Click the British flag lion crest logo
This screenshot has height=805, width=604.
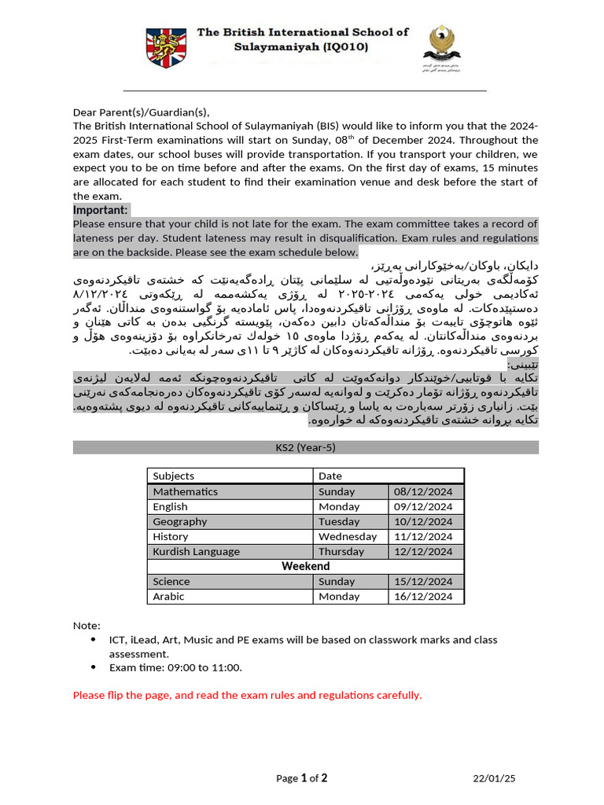click(x=167, y=47)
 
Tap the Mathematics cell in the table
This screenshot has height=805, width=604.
click(x=186, y=491)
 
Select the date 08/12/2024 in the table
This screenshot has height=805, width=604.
click(x=425, y=491)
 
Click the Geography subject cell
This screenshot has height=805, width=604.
click(x=180, y=521)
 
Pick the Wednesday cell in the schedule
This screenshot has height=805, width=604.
click(x=348, y=536)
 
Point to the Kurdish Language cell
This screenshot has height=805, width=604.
click(x=197, y=551)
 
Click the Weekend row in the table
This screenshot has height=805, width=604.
click(x=305, y=566)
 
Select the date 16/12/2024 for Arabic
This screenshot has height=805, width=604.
click(x=425, y=596)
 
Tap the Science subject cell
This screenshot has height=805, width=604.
click(x=171, y=582)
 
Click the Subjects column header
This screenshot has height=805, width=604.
click(x=174, y=476)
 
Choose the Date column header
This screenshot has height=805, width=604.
click(x=330, y=476)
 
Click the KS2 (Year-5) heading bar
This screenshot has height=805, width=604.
click(x=305, y=447)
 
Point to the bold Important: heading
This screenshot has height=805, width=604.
click(x=101, y=210)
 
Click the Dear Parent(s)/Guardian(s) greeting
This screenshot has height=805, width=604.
click(x=142, y=112)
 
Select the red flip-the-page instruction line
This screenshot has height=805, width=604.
click(x=247, y=695)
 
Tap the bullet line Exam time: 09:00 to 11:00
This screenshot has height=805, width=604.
click(x=175, y=667)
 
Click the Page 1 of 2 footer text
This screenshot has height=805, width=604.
click(x=302, y=778)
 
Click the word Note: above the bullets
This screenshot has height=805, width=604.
click(x=87, y=625)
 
